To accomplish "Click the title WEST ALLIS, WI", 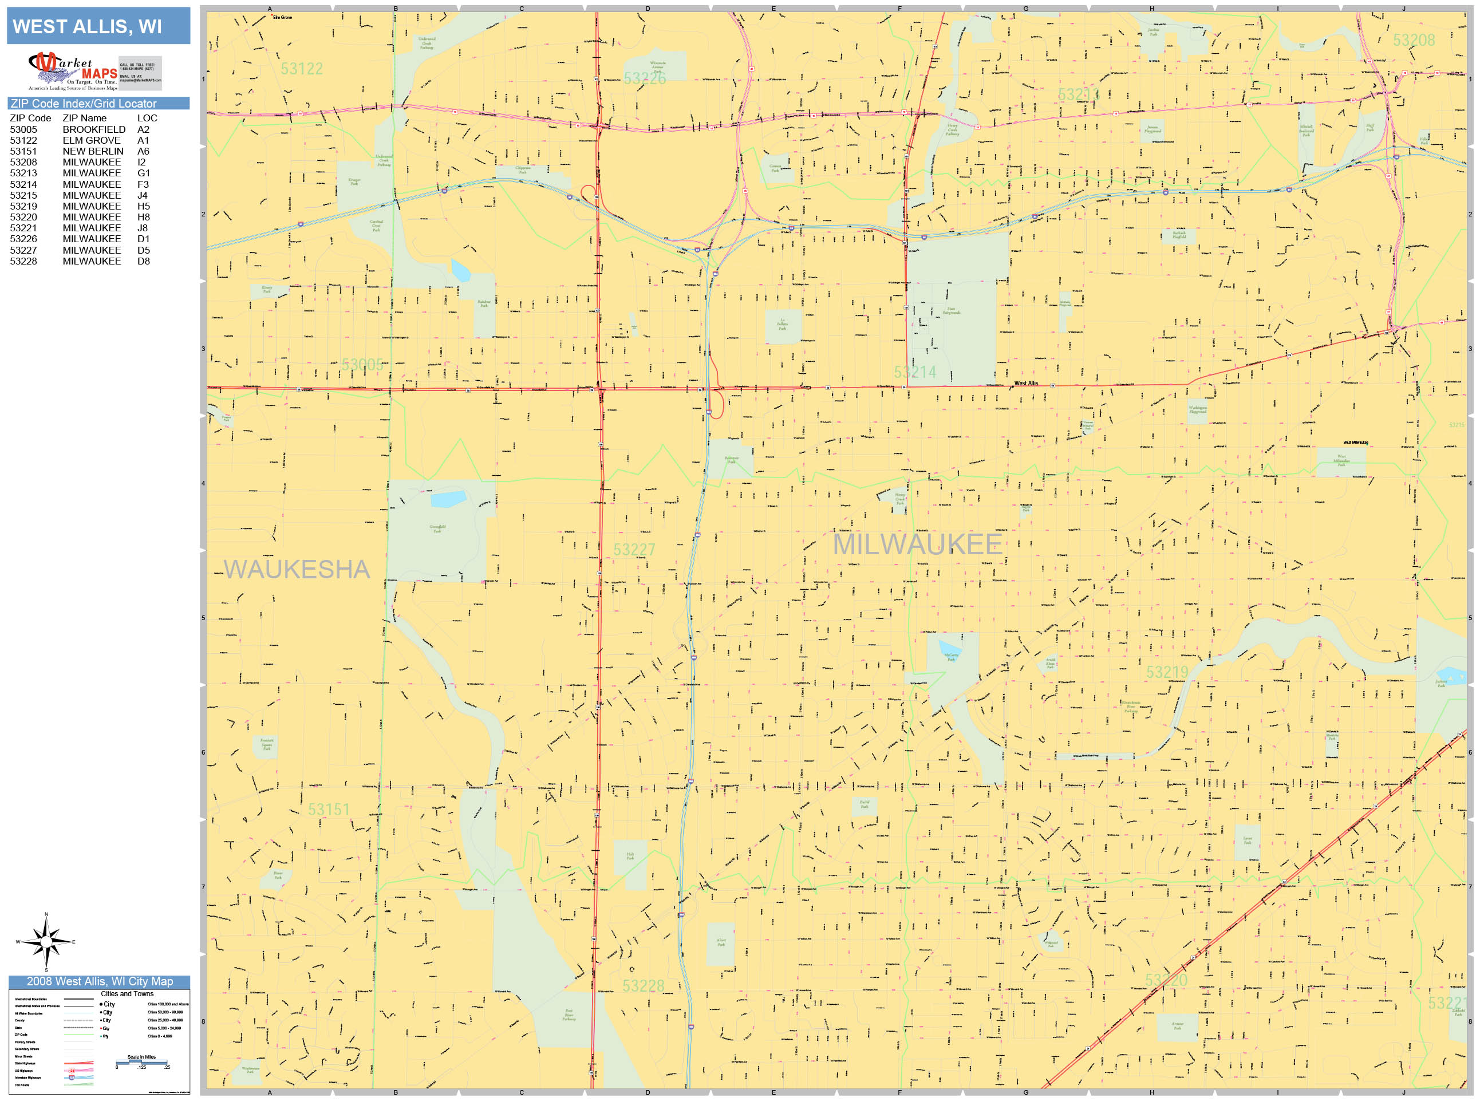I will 87,27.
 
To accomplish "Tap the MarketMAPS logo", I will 74,71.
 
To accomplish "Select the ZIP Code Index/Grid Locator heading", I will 84,103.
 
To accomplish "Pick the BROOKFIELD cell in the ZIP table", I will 94,129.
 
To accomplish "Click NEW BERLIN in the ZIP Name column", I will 93,152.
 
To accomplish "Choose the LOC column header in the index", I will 147,118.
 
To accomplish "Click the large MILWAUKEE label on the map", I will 917,544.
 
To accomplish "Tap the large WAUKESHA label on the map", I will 297,570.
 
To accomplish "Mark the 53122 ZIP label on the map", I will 301,69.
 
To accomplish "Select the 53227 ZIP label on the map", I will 634,550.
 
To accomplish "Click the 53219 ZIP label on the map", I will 1167,672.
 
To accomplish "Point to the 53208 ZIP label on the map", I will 1414,40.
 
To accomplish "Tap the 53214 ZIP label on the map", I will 914,372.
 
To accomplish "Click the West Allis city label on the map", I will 1026,383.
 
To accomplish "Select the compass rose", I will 46,942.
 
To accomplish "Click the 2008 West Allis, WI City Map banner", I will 99,981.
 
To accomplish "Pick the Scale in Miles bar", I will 141,1063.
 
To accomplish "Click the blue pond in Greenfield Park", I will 448,499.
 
